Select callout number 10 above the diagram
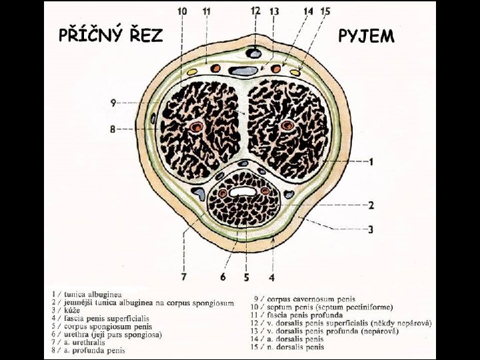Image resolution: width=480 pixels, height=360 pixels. (x=182, y=11)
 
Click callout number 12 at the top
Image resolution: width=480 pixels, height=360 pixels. (x=255, y=11)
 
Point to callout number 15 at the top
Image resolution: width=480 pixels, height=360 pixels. (x=325, y=11)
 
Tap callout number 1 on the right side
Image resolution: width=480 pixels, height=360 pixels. (x=371, y=162)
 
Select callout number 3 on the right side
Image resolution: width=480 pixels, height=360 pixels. (x=371, y=230)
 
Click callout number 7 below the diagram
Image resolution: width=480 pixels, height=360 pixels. (x=183, y=275)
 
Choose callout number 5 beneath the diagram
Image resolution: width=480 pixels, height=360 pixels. (x=246, y=277)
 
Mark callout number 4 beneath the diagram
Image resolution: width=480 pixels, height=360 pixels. (x=272, y=277)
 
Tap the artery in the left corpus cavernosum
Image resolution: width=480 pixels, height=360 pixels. (x=196, y=127)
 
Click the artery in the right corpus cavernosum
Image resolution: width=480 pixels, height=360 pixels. (x=288, y=125)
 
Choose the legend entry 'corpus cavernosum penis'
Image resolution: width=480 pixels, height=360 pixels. (x=311, y=299)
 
